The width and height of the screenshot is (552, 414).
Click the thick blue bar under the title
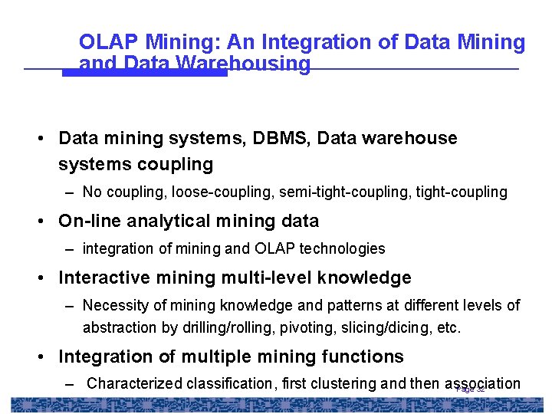tap(145, 73)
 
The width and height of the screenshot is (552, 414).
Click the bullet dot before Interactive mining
tap(48, 278)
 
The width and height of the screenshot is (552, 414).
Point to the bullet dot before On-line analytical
tap(48, 222)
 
